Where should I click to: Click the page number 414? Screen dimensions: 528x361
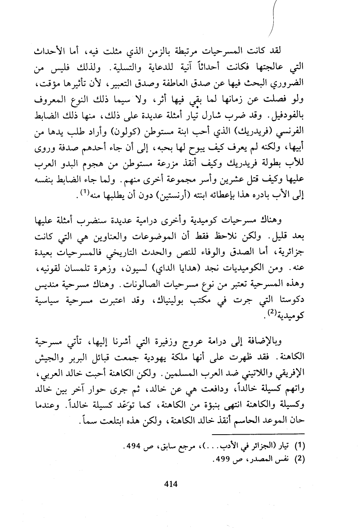171,484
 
